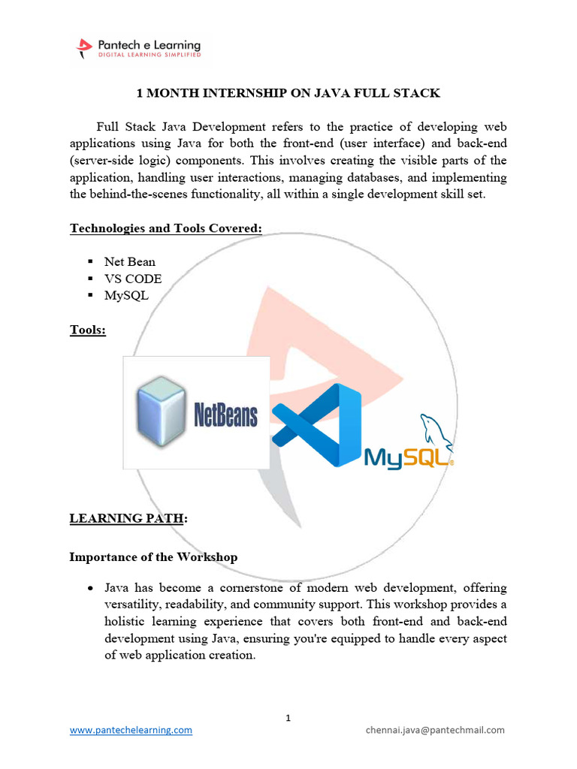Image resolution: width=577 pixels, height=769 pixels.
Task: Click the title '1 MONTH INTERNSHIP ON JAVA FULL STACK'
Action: (x=288, y=93)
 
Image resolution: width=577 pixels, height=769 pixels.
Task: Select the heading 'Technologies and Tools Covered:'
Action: (x=166, y=228)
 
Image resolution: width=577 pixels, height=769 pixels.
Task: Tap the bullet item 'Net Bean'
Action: (x=130, y=261)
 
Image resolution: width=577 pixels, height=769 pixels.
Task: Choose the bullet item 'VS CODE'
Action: (x=133, y=279)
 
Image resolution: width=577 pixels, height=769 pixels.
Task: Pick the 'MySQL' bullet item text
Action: (x=127, y=295)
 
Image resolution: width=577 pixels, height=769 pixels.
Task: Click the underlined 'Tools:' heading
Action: (x=88, y=330)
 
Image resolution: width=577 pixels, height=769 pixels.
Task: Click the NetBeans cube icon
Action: (x=161, y=413)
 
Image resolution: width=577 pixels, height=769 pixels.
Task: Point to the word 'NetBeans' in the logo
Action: (x=226, y=415)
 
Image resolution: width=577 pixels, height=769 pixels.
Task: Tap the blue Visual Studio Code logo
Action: (x=316, y=425)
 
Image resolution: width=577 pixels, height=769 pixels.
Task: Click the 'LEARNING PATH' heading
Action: (x=125, y=518)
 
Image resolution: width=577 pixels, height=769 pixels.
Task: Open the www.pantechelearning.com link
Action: (x=131, y=730)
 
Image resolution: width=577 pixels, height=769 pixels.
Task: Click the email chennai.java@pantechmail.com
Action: (x=435, y=730)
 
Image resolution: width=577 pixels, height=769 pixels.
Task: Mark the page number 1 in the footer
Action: (x=288, y=718)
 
